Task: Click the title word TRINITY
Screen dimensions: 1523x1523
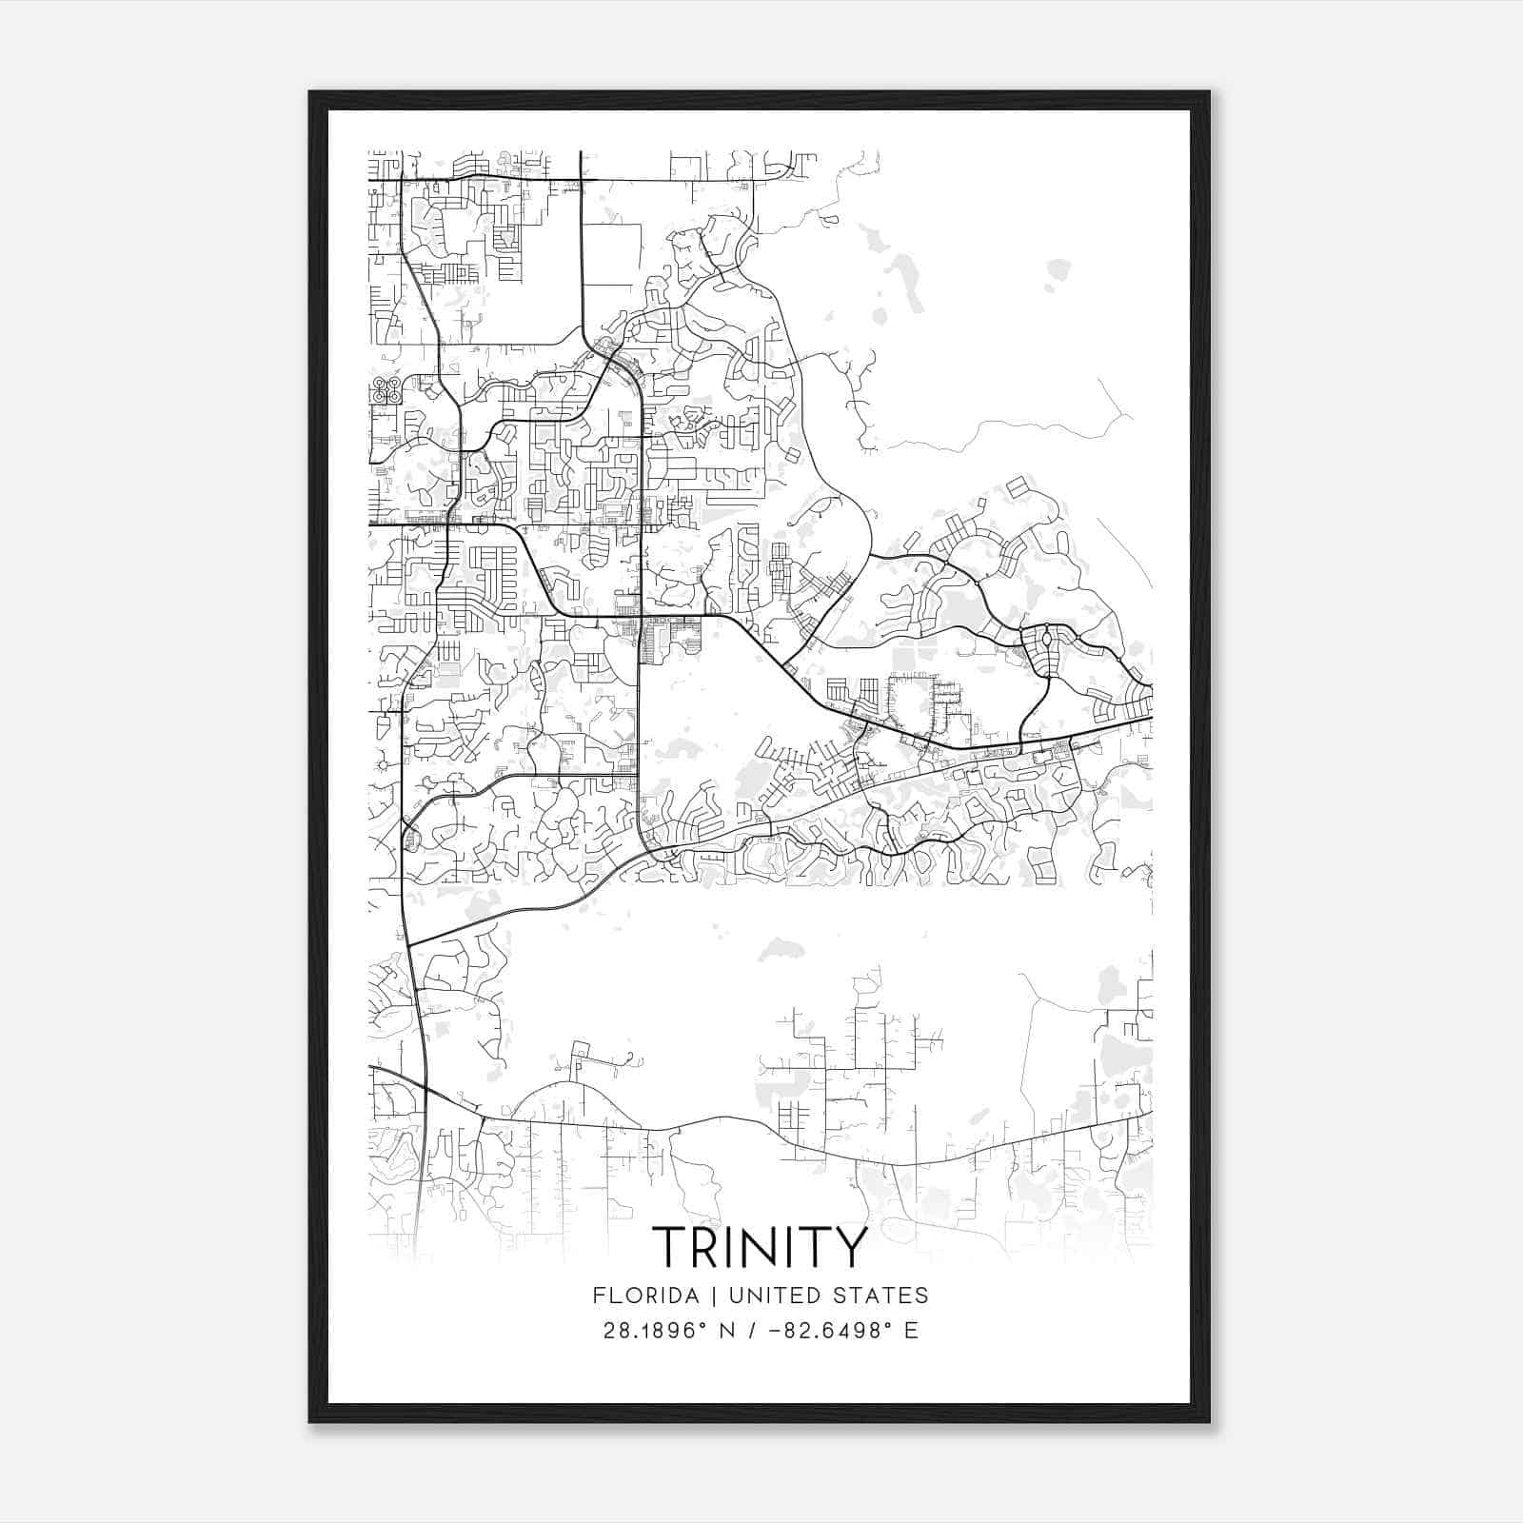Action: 760,1246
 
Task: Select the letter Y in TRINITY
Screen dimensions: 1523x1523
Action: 850,1246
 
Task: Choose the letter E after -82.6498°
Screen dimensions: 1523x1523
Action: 911,1331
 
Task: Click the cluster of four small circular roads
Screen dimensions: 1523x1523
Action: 386,391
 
